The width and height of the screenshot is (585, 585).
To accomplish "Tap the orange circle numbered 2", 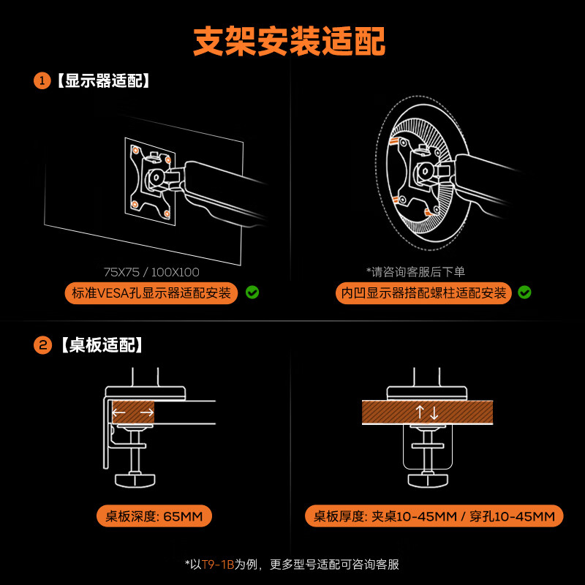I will [42, 344].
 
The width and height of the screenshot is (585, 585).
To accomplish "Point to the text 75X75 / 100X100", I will [151, 272].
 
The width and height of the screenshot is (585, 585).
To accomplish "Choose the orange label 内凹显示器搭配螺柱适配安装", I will [423, 293].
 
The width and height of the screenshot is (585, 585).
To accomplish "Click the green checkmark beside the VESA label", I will [252, 292].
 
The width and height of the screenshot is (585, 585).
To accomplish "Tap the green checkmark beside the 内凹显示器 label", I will [524, 292].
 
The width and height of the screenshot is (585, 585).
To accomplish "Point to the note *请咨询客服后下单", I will [415, 272].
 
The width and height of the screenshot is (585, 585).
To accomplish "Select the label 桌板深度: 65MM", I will [154, 516].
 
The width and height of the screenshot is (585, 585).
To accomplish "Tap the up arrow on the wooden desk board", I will [420, 412].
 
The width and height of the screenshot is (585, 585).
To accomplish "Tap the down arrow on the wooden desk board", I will [434, 412].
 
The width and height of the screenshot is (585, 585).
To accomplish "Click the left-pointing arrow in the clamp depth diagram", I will [119, 412].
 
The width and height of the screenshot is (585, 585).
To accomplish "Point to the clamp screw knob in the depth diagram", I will [136, 480].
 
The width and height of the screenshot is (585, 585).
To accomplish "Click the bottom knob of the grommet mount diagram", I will [426, 480].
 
